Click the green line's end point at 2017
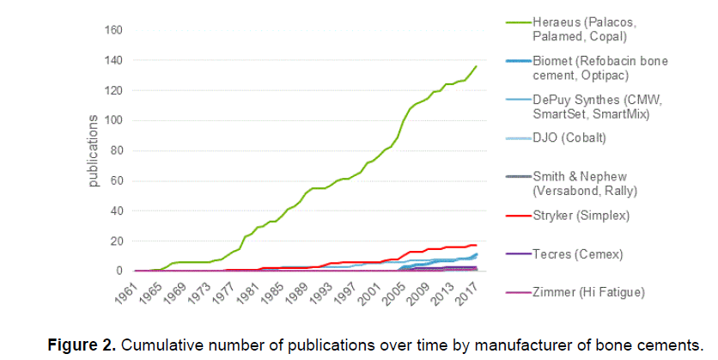[477, 66]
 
